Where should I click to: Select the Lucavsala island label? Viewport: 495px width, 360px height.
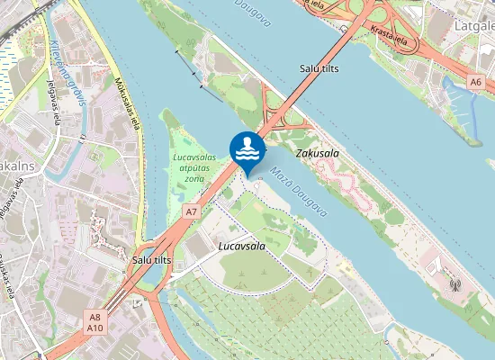pos(241,246)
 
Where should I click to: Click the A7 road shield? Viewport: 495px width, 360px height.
pos(191,211)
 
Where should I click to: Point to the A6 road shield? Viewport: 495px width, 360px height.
pos(475,82)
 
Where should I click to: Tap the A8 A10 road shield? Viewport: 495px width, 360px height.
pos(95,321)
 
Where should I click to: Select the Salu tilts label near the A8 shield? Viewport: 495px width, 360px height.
pos(151,259)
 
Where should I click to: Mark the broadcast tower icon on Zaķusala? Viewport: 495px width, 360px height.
pos(454,285)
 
